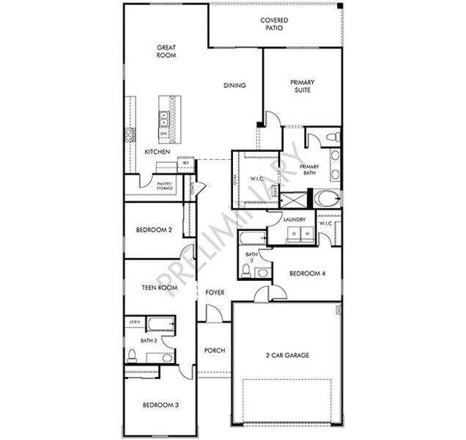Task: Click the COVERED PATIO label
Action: pos(274,26)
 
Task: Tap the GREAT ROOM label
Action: pos(166,51)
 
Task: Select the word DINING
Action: pos(234,86)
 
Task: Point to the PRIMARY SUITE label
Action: pos(302,87)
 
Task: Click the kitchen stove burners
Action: pos(130,134)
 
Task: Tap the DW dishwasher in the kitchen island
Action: pos(163,133)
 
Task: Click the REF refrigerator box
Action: pos(187,164)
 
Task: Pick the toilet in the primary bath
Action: pos(330,137)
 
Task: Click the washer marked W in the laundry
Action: pos(308,234)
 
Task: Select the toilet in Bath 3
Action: pos(260,272)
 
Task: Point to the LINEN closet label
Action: pos(134,322)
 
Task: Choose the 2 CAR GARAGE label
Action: pos(286,355)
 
